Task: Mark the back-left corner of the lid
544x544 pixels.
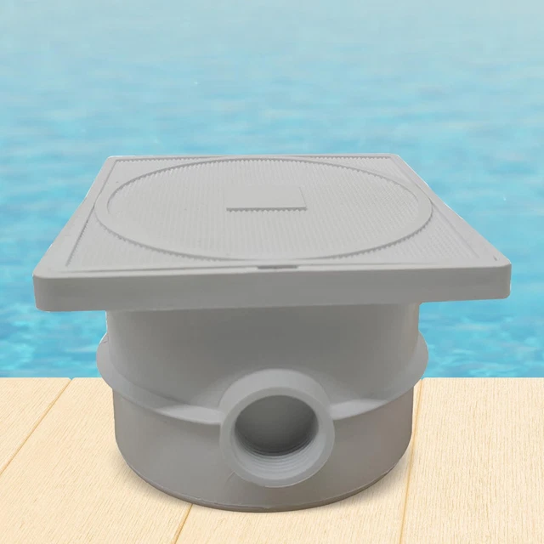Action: tap(110, 159)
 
